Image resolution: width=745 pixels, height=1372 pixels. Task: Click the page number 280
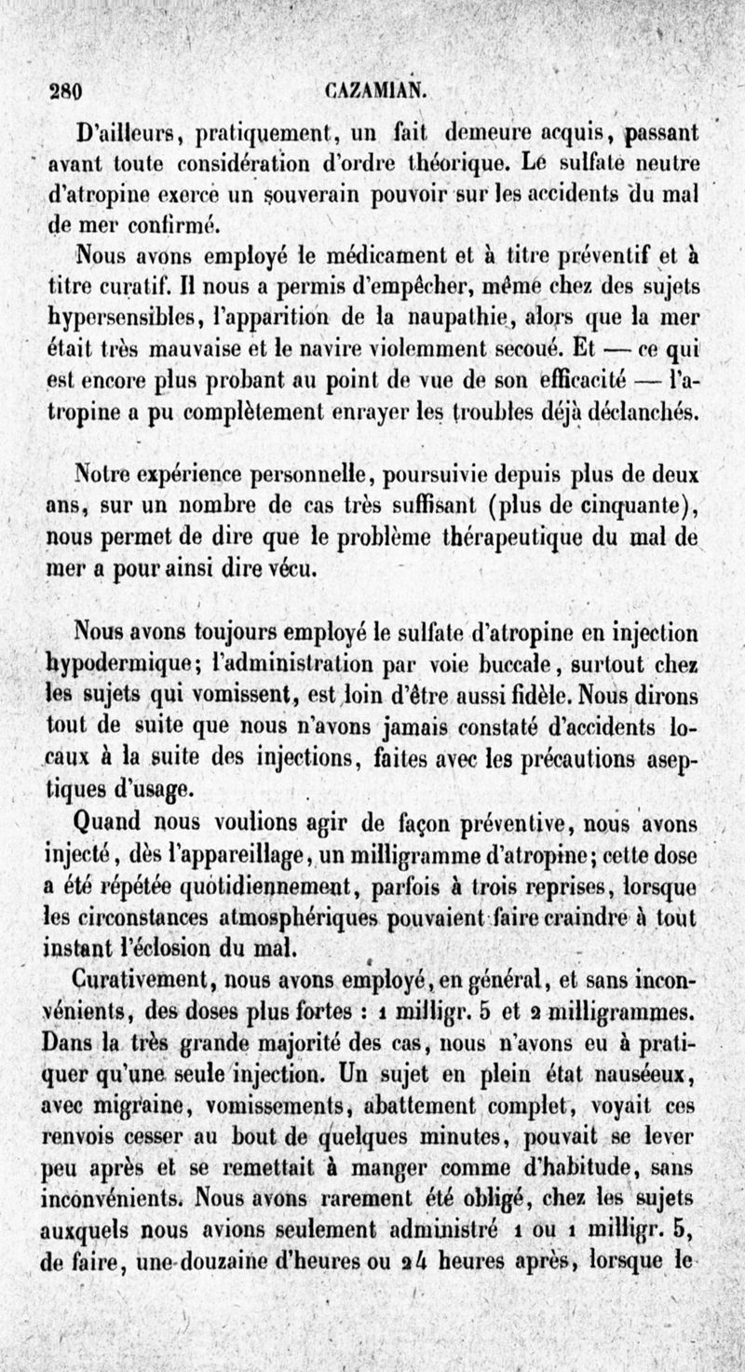point(65,91)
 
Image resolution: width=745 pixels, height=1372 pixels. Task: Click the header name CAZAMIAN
point(376,90)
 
